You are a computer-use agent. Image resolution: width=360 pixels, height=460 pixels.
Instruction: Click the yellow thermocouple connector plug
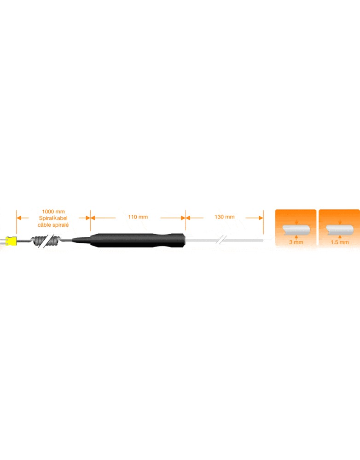(x=11, y=241)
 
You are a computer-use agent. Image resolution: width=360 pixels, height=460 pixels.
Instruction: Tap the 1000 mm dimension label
(x=53, y=212)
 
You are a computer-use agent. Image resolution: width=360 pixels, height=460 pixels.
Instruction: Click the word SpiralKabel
(x=53, y=218)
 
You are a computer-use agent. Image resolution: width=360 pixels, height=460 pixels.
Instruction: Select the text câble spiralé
(x=53, y=225)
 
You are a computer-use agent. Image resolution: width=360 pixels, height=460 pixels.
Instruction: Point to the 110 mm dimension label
(x=138, y=217)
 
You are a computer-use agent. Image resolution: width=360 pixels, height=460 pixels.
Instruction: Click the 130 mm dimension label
(x=225, y=217)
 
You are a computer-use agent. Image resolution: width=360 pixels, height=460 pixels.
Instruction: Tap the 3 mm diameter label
(x=296, y=242)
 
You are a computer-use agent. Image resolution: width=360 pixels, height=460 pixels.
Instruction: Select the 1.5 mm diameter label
(x=340, y=242)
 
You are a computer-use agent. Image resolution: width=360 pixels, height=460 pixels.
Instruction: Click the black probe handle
(x=138, y=241)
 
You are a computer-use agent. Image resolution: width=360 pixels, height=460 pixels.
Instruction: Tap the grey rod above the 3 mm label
(x=296, y=230)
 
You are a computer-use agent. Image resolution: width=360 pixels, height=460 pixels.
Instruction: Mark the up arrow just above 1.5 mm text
(x=340, y=237)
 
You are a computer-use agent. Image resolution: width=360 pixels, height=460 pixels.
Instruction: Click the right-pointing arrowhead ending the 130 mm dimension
(x=261, y=218)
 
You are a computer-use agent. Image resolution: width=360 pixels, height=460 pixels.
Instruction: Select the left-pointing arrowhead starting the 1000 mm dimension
(x=19, y=218)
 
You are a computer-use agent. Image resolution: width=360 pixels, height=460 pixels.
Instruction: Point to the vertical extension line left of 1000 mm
(x=17, y=222)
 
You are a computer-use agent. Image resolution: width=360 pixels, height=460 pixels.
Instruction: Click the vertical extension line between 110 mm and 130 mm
(x=186, y=220)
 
